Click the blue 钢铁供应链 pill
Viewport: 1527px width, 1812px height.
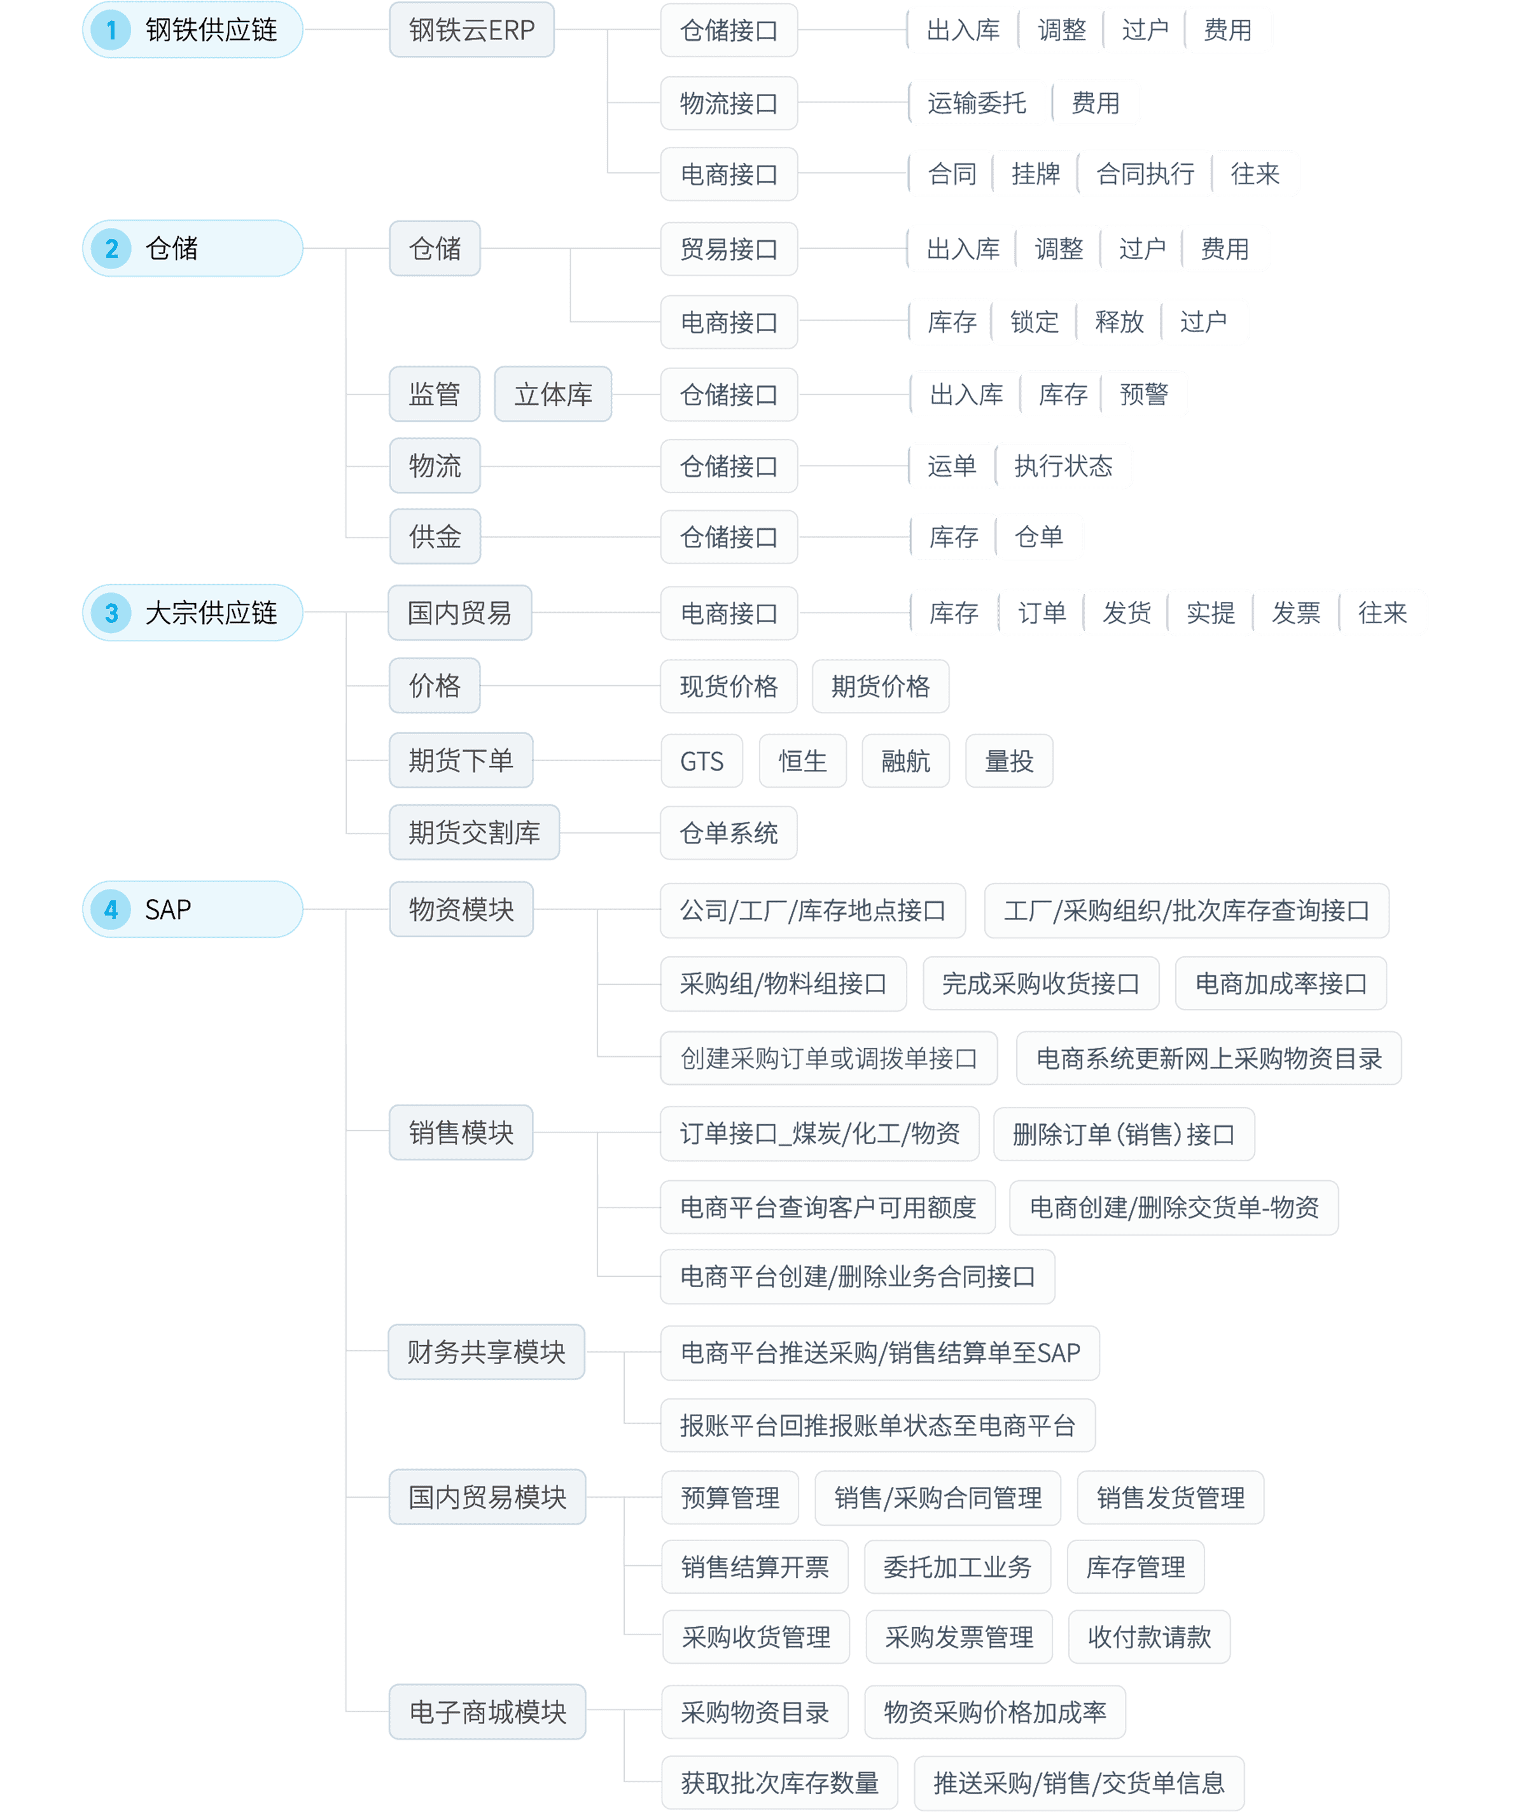tap(192, 31)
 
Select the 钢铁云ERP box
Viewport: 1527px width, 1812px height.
tap(471, 31)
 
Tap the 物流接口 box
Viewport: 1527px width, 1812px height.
tap(729, 104)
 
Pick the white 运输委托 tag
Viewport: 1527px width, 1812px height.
tap(977, 103)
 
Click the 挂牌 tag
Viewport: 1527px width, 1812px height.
tap(1035, 174)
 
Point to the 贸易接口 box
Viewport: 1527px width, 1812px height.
tap(729, 249)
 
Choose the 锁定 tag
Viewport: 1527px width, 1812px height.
tap(1035, 322)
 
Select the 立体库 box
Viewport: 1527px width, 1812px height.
tap(553, 394)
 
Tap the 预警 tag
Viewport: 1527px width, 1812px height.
tap(1143, 394)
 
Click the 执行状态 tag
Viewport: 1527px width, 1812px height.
tap(1063, 466)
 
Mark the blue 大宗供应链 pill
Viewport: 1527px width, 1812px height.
tap(192, 613)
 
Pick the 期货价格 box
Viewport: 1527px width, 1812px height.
tap(881, 686)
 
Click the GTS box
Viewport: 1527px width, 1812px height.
tap(701, 762)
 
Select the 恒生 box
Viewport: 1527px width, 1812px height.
tap(802, 762)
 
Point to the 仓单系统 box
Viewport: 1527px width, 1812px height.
tap(729, 833)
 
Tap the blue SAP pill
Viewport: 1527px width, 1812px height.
tap(192, 909)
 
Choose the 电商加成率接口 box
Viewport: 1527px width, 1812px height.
tap(1280, 984)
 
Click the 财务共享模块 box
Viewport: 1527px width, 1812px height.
tap(487, 1352)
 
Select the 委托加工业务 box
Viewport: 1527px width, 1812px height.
tap(958, 1567)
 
